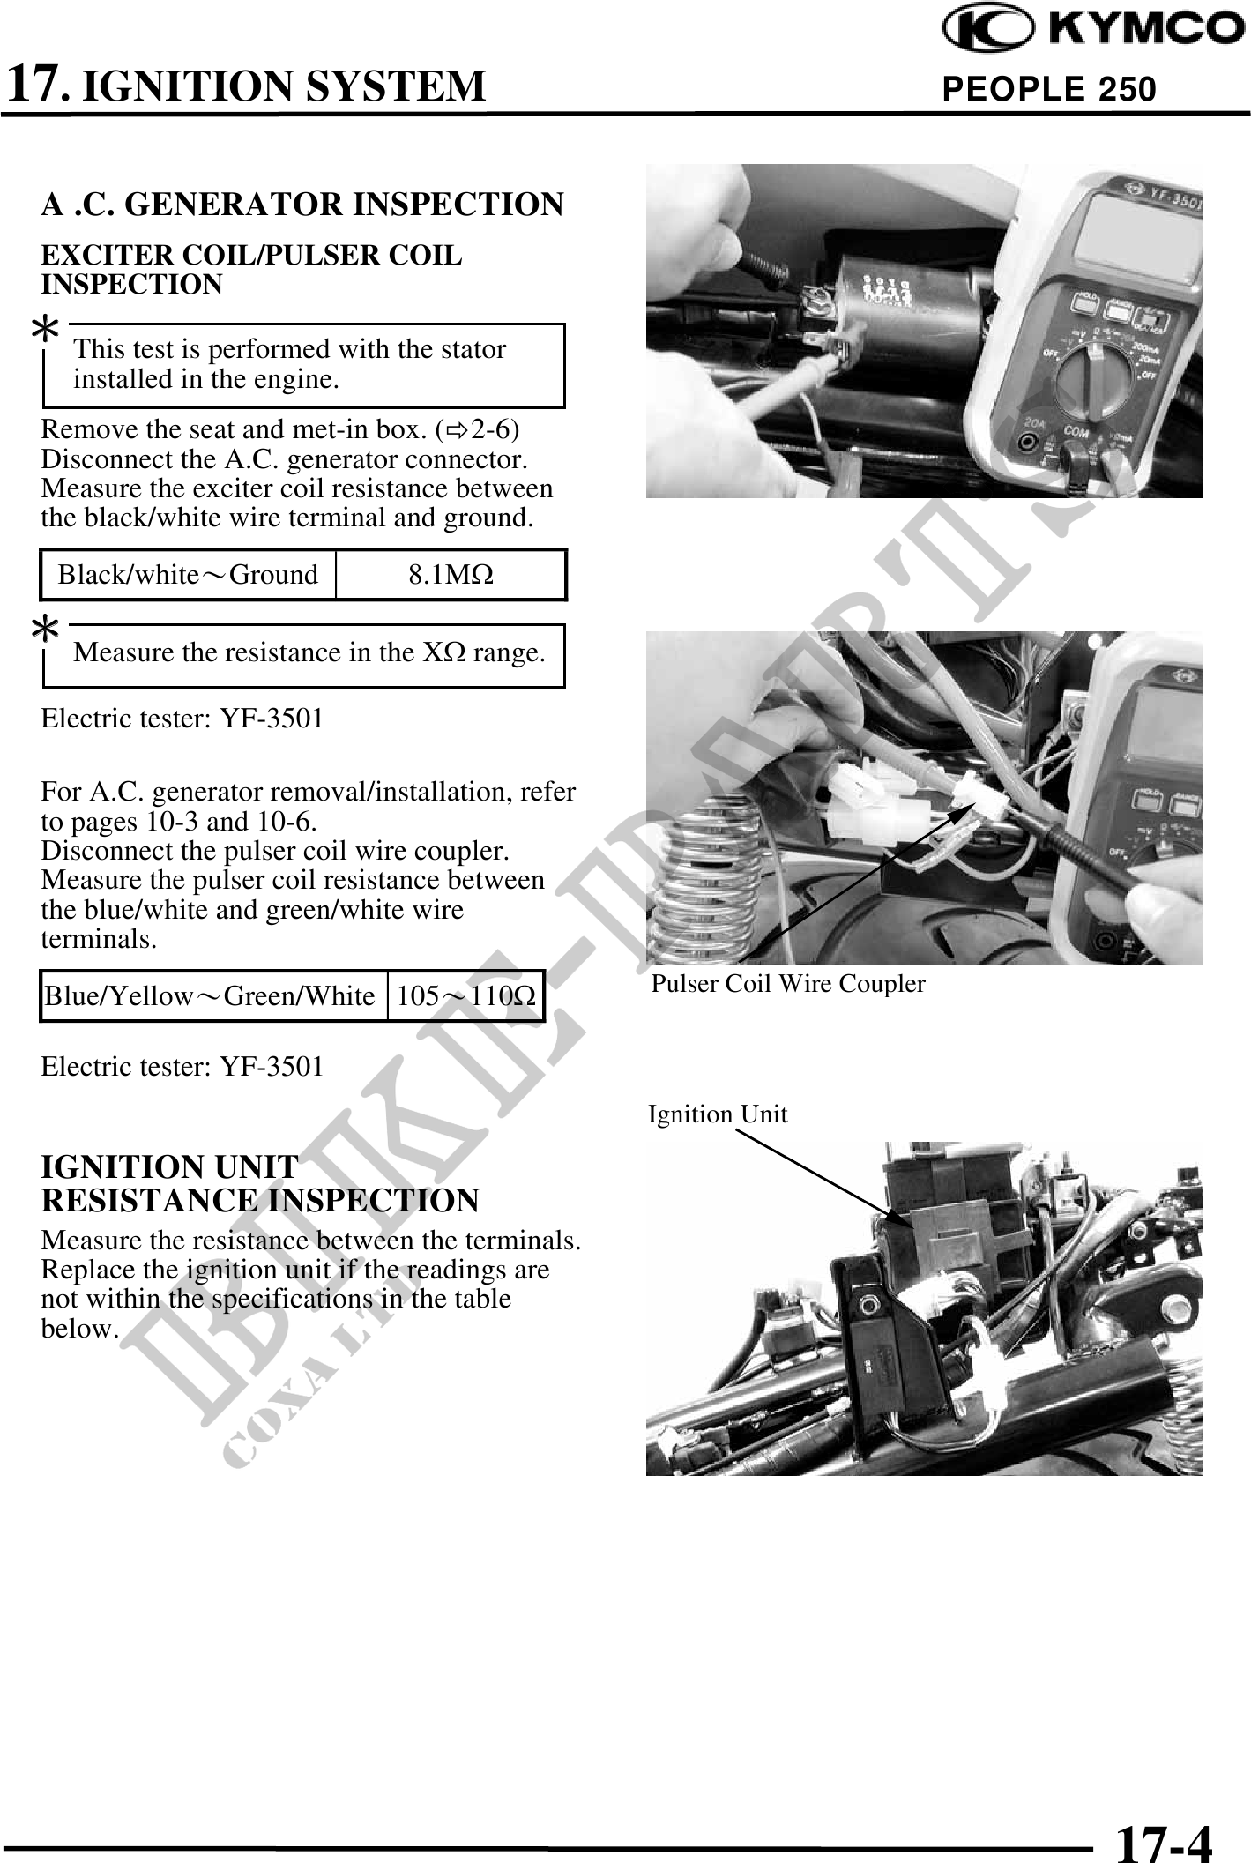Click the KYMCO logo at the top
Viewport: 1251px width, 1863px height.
tap(1094, 30)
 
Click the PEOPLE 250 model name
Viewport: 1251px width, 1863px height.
tap(1048, 89)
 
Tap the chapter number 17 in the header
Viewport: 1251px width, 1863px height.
tap(35, 85)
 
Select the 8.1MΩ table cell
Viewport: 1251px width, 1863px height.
tap(451, 575)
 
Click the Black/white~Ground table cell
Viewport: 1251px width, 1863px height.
tap(189, 575)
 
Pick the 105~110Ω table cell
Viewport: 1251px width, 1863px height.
tap(465, 996)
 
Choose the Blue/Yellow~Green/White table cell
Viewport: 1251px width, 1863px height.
tap(212, 996)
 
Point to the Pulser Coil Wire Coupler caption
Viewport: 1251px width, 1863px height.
tap(788, 984)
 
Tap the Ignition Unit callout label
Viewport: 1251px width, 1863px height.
tap(718, 1114)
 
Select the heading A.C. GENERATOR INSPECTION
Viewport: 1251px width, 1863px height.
tap(302, 205)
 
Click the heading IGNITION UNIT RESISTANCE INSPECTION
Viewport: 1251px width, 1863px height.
tap(260, 1183)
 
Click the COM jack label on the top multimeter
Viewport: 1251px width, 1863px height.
tap(1075, 433)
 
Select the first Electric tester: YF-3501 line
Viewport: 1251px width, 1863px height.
tap(182, 719)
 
